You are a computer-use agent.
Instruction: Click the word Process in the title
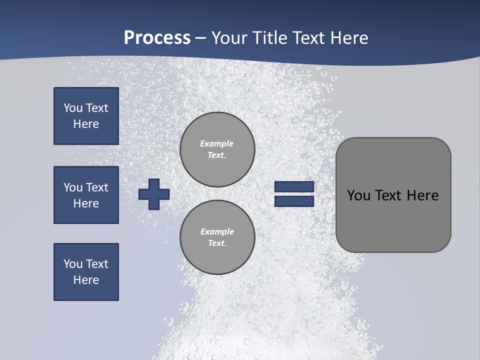[157, 37]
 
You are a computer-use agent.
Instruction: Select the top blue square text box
[86, 116]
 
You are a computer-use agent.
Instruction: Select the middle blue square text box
[86, 195]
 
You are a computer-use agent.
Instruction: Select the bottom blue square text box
[86, 272]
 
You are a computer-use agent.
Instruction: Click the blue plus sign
[154, 194]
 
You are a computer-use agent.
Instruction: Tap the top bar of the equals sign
[294, 186]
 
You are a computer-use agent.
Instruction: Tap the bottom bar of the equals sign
[294, 201]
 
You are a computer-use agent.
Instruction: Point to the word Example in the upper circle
[217, 143]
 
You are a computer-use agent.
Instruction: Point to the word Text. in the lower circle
[217, 243]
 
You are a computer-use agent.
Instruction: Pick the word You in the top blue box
[73, 108]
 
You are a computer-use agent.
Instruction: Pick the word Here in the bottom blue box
[86, 280]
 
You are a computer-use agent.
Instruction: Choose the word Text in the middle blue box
[97, 187]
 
